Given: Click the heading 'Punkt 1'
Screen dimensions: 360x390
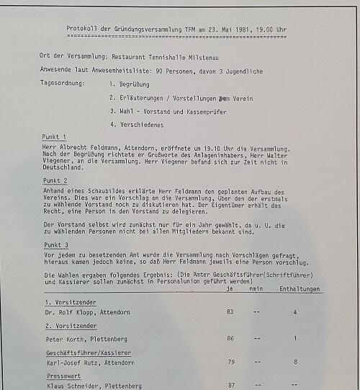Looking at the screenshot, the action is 54,137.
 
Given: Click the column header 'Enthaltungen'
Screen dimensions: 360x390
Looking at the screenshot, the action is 300,289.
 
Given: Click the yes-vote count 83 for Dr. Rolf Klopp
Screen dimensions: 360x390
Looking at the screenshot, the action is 230,311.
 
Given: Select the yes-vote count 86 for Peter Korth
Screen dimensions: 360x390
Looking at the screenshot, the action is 230,337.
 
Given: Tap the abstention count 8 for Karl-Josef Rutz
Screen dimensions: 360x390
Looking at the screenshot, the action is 295,363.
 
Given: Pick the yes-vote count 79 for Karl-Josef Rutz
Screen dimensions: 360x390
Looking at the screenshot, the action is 230,363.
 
